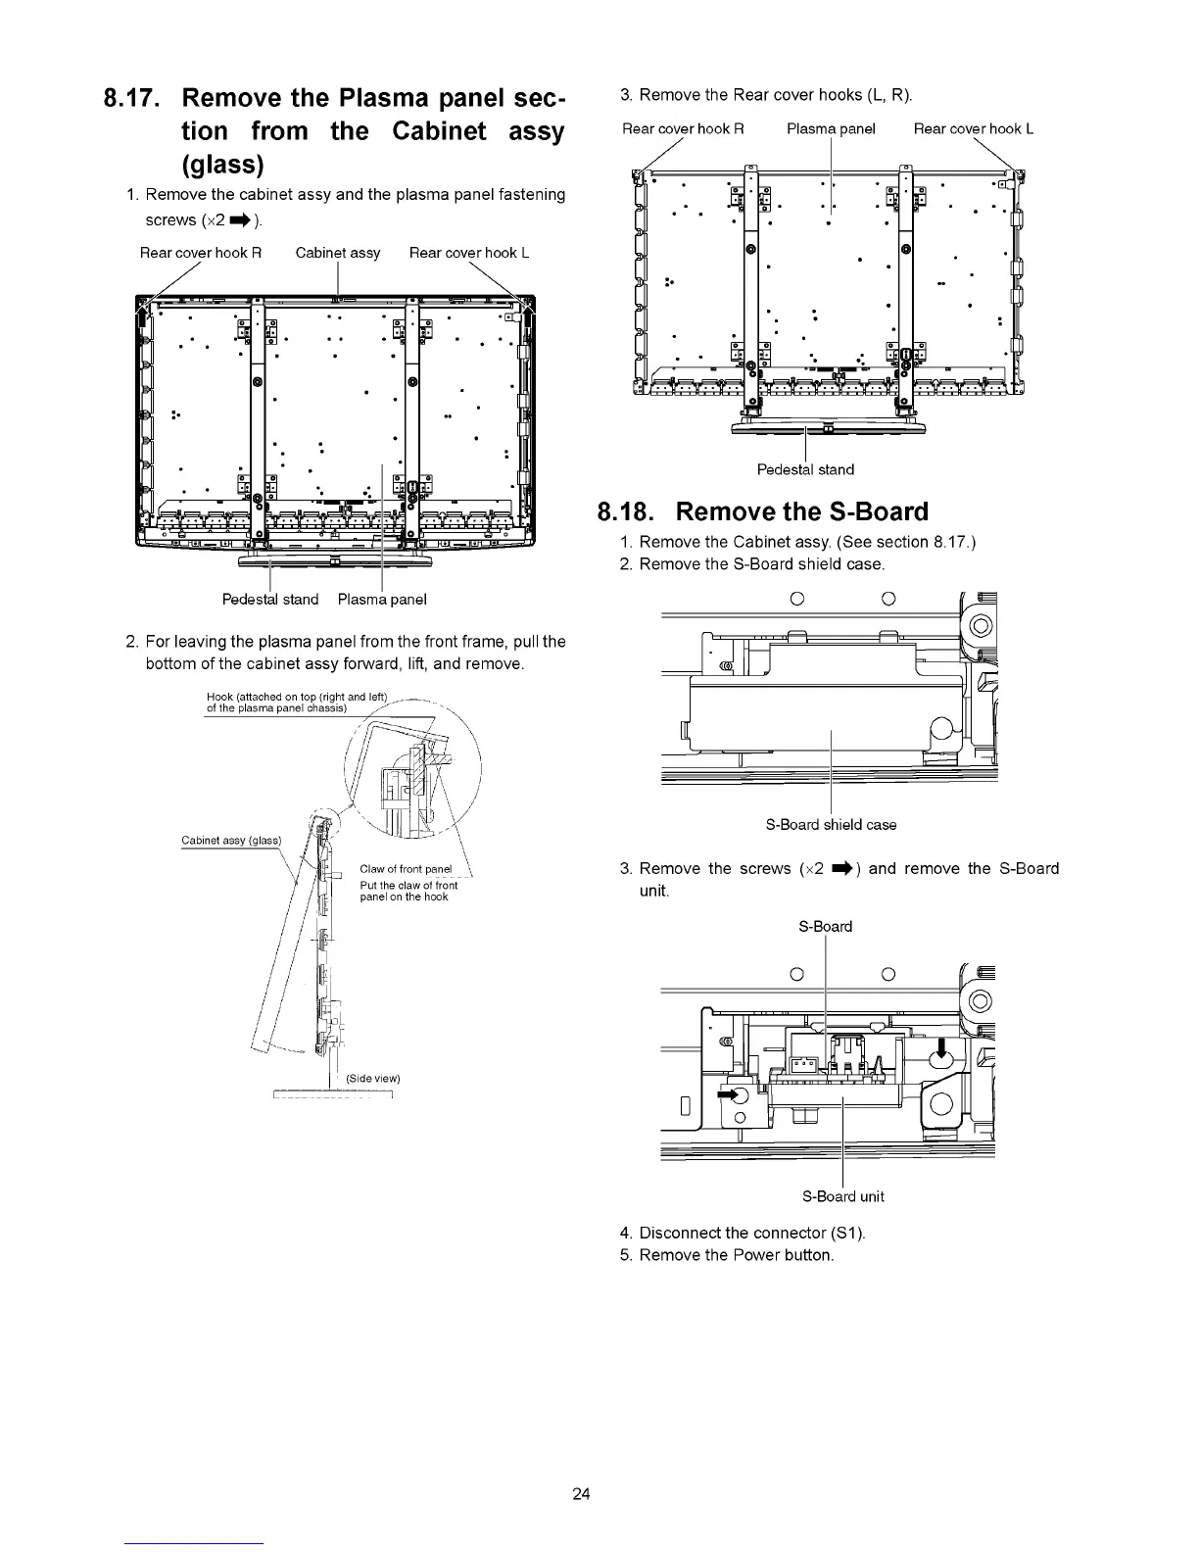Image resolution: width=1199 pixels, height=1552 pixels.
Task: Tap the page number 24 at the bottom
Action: (x=581, y=1494)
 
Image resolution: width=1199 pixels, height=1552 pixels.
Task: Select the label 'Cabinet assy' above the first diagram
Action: (x=338, y=253)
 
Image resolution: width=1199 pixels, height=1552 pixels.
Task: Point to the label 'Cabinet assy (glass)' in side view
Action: (x=231, y=841)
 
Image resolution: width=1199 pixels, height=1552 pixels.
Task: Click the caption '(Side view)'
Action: (x=373, y=1079)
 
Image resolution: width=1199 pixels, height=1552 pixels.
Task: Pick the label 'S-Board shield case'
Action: (x=831, y=825)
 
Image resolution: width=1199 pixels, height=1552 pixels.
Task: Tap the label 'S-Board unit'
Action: (x=842, y=1196)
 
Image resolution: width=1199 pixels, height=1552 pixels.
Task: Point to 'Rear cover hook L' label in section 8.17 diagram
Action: (x=469, y=253)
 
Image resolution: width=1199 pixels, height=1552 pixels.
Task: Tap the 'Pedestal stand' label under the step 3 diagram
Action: (x=805, y=469)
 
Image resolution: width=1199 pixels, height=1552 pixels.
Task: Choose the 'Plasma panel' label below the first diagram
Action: (x=382, y=599)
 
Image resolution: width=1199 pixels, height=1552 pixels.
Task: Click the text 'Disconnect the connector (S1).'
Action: (x=752, y=1233)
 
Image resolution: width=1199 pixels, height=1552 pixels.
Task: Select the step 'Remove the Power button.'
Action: (x=736, y=1255)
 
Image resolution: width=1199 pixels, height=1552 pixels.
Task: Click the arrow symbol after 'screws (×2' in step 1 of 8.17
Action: (x=242, y=219)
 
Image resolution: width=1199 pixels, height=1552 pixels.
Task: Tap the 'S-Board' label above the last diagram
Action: (x=826, y=927)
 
